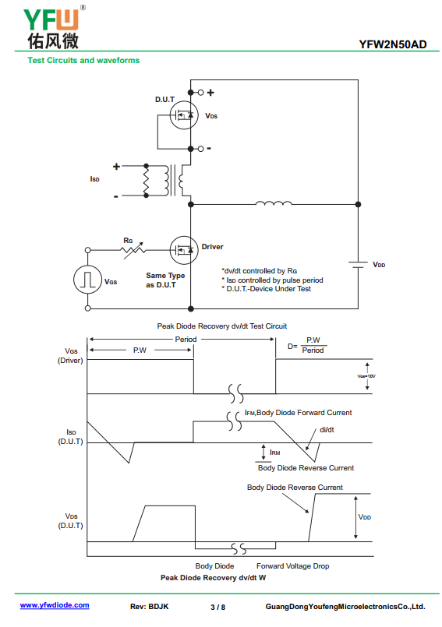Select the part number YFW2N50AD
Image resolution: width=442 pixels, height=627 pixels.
click(x=393, y=44)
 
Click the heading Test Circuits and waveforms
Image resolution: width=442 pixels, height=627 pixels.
click(x=83, y=61)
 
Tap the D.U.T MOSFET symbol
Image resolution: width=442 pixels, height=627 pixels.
click(x=184, y=115)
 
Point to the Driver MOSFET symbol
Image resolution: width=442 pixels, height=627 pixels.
click(x=184, y=250)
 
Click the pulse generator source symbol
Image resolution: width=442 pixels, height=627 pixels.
click(x=87, y=279)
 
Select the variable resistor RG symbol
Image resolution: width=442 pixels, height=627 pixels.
click(x=133, y=250)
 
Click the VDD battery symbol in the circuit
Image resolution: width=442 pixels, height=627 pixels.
click(x=358, y=265)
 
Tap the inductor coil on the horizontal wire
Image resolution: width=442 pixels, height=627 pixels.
click(x=274, y=203)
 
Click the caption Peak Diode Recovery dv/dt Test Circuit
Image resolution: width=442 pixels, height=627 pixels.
click(x=222, y=326)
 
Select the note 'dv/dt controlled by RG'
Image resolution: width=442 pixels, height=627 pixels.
click(x=260, y=271)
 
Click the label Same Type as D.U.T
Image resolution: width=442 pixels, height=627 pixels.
click(x=165, y=280)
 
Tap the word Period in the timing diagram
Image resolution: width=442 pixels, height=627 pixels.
click(x=186, y=340)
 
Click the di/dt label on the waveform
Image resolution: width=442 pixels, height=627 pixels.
click(x=327, y=430)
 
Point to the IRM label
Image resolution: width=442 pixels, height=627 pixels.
click(x=274, y=453)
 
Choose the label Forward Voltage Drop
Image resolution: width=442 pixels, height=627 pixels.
click(x=292, y=566)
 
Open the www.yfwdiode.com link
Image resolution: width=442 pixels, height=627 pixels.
click(x=55, y=605)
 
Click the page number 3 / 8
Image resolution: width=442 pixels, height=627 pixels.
click(x=217, y=607)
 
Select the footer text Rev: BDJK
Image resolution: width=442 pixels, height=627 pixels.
click(x=150, y=607)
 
